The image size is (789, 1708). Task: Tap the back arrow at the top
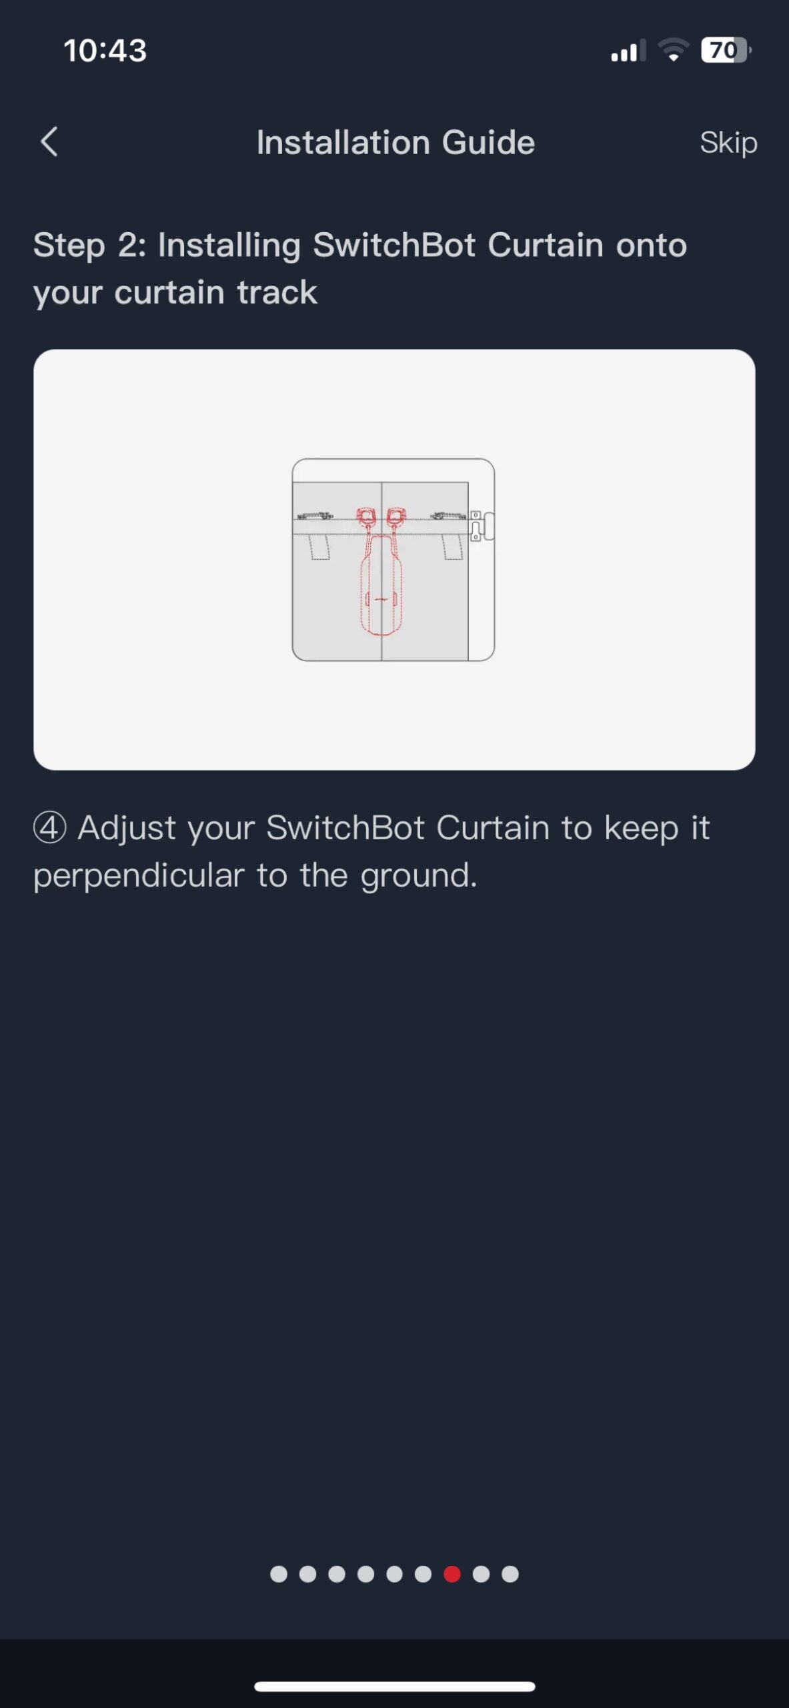[49, 141]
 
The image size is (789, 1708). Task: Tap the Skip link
[728, 143]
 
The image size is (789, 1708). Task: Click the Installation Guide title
[396, 142]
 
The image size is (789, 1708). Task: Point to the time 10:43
[105, 51]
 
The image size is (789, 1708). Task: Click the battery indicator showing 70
[726, 50]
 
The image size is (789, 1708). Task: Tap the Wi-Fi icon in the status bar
[674, 50]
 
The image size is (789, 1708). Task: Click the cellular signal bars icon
[628, 51]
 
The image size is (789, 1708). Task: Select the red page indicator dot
[452, 1574]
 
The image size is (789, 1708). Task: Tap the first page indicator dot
[279, 1574]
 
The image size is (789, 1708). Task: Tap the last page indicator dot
[510, 1574]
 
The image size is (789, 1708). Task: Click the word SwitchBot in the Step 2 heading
[394, 245]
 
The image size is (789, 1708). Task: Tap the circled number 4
[50, 828]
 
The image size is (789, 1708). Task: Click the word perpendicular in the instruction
[139, 876]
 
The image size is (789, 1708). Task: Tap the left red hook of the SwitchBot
[366, 518]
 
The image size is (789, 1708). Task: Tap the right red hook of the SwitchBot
[397, 518]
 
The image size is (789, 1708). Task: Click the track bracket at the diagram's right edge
[482, 526]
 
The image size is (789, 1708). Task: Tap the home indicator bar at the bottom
[395, 1687]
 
